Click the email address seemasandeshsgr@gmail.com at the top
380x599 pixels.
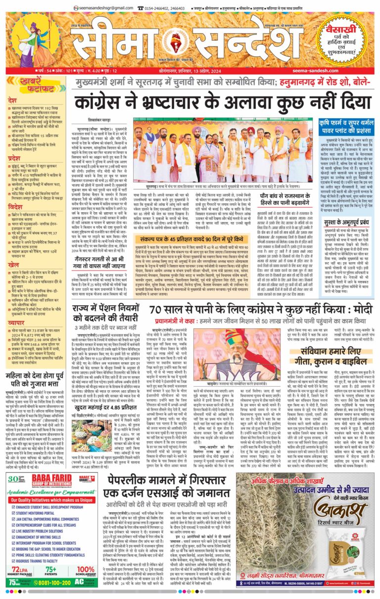(x=102, y=8)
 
